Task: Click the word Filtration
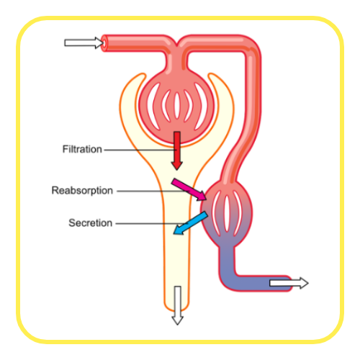[82, 149]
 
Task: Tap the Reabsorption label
[82, 191]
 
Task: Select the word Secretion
[90, 223]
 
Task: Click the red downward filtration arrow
[177, 150]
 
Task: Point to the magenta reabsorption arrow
[189, 189]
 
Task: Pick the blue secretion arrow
[191, 223]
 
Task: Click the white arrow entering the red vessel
[84, 43]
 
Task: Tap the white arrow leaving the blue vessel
[289, 283]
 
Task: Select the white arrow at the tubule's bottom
[178, 305]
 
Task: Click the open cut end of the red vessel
[104, 43]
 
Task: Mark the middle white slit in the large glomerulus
[177, 106]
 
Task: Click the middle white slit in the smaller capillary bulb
[227, 214]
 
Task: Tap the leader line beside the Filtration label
[140, 150]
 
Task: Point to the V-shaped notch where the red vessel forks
[177, 45]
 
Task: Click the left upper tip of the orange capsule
[142, 74]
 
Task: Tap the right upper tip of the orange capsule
[212, 74]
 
